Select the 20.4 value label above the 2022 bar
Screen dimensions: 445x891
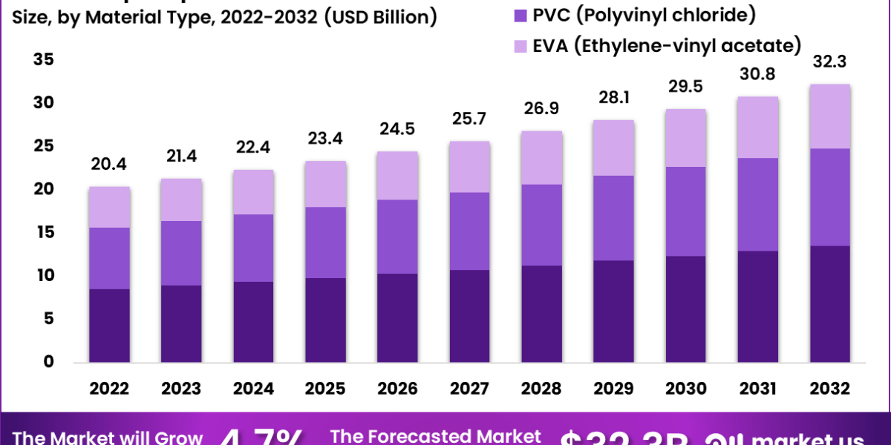tap(110, 164)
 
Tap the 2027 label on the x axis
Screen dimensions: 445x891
tap(469, 389)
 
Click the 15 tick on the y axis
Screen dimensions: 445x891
tap(44, 232)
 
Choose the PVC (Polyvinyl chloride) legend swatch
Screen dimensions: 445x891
tap(519, 14)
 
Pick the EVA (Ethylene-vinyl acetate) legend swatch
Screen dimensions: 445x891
tap(519, 46)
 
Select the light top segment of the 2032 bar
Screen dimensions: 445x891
tap(829, 116)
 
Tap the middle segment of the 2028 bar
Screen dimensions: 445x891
tap(541, 225)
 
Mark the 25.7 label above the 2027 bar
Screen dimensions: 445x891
tap(469, 119)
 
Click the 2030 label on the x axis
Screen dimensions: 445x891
tap(685, 389)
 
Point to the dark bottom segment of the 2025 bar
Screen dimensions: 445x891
tap(325, 320)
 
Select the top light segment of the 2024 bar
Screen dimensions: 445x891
tap(253, 192)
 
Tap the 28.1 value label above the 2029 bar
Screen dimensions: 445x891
tap(613, 98)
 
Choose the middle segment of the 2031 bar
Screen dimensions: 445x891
tap(757, 205)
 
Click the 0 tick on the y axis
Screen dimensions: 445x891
tap(49, 362)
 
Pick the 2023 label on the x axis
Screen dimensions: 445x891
tap(181, 389)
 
